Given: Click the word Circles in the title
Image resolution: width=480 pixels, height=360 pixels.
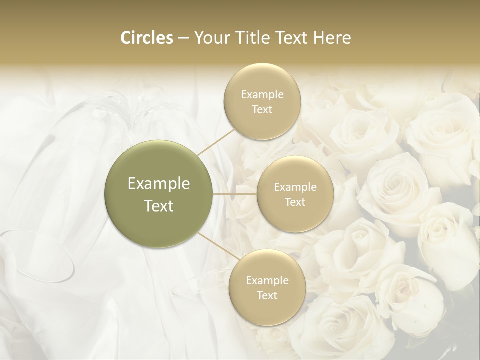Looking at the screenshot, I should [x=146, y=38].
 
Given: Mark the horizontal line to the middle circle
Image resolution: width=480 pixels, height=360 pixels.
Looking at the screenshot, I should [x=235, y=194].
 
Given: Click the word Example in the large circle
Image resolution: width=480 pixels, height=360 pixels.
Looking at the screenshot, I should [x=159, y=184].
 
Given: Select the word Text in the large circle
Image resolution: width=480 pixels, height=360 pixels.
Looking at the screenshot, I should [x=159, y=206].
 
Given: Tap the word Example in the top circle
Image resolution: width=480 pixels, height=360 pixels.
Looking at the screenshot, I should [x=262, y=95].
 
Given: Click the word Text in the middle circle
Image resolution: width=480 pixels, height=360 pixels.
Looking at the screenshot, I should [x=295, y=202].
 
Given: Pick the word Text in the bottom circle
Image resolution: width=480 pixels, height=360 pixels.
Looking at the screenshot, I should [x=267, y=296].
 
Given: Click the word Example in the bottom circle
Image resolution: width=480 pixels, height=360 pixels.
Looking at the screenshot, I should [x=267, y=281].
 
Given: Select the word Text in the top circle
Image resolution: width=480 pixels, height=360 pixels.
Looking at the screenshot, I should [x=262, y=110].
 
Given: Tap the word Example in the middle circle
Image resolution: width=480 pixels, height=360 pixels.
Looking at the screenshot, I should [x=295, y=187].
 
